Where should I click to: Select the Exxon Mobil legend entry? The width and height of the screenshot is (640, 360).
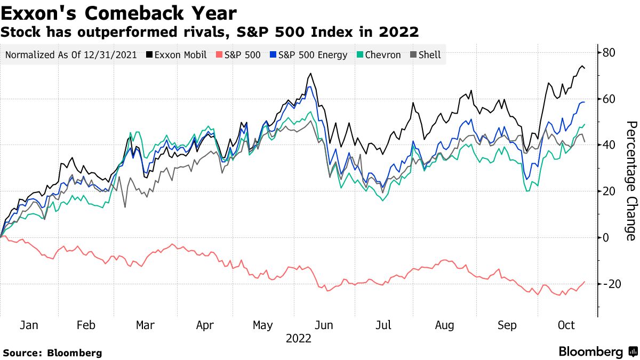point(176,55)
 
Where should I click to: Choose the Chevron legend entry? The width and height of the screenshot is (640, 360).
point(378,55)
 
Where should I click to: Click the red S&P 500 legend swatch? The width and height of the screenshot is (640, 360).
point(219,55)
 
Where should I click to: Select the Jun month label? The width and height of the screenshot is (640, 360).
point(324,325)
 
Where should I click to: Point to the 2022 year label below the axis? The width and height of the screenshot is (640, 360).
point(299,338)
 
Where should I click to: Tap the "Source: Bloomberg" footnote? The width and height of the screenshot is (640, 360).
point(52,353)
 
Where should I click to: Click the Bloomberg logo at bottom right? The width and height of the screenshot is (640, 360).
point(598,352)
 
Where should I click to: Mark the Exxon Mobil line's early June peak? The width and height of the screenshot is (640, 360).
point(310,74)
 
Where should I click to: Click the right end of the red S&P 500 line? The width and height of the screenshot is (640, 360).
point(585,282)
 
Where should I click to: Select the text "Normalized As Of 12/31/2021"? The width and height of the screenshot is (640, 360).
point(71,55)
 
